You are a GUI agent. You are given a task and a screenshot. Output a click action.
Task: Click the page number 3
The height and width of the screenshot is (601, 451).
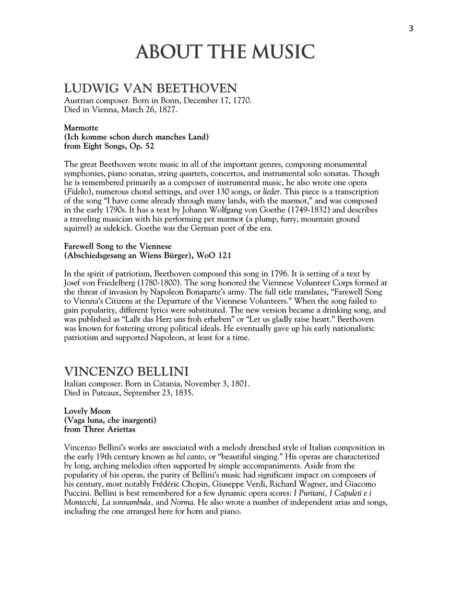411,29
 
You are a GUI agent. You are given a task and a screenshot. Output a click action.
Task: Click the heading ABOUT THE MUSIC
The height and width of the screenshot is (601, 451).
225,52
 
